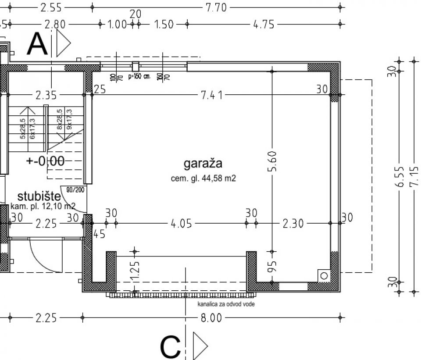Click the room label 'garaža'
[x=203, y=164]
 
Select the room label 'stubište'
[x=39, y=196]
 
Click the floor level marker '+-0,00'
[x=46, y=161]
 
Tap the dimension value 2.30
[x=293, y=224]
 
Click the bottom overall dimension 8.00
[x=211, y=318]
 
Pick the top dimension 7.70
[x=215, y=7]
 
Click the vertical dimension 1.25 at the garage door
[x=135, y=272]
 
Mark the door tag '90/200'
[x=75, y=190]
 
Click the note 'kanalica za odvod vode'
[x=226, y=304]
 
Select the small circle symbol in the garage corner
[x=324, y=275]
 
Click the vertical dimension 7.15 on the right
[x=414, y=176]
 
